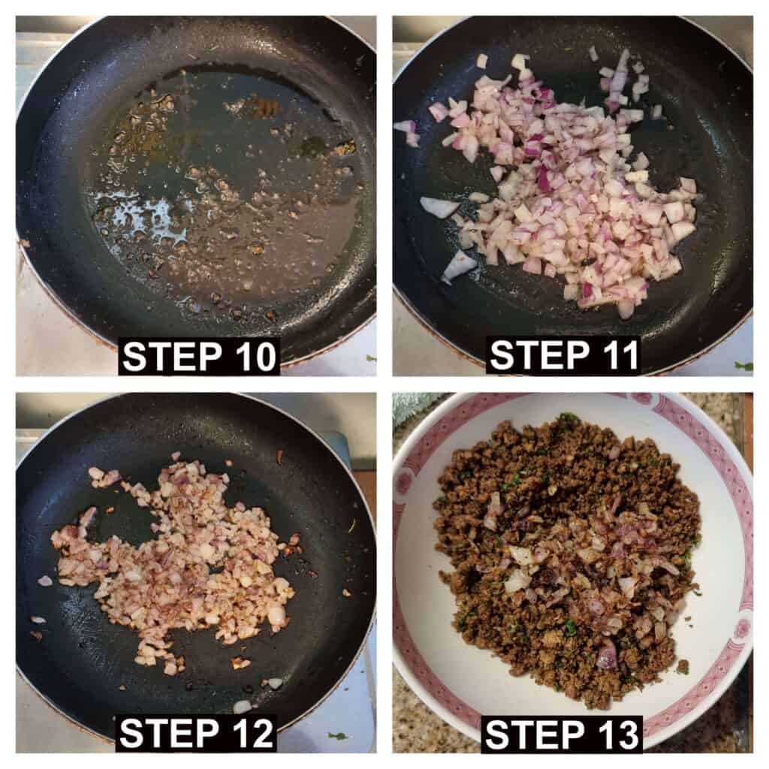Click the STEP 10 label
199,357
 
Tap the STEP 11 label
565,355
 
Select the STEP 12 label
196,733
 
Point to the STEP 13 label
562,734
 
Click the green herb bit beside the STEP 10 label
371,358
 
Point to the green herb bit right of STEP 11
744,366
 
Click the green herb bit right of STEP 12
337,736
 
